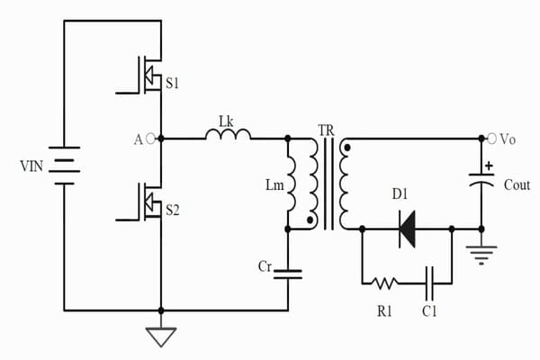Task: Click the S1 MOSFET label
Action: coord(173,84)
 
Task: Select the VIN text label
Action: coord(31,166)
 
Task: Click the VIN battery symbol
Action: coord(65,166)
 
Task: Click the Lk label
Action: coord(229,117)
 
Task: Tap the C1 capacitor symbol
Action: coord(430,283)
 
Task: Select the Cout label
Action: coord(517,184)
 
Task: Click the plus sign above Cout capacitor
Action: coord(489,166)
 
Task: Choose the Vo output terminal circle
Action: coord(492,139)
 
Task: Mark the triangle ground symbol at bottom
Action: coord(161,337)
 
